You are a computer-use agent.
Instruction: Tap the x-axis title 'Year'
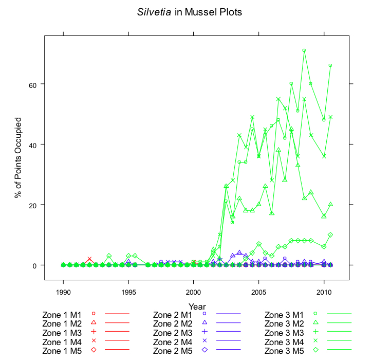click(x=197, y=307)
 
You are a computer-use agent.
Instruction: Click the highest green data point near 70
click(x=304, y=50)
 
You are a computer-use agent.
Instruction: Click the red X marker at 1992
click(x=89, y=259)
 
